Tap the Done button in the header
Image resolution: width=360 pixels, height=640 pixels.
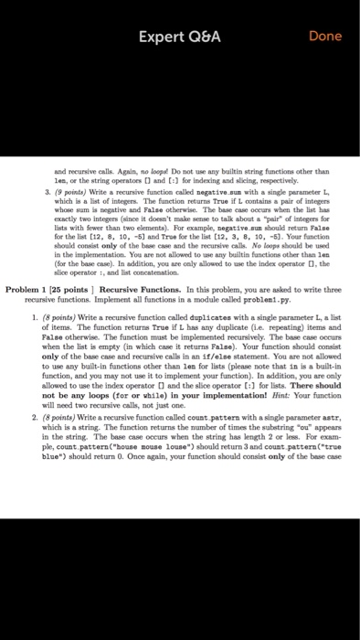324,37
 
